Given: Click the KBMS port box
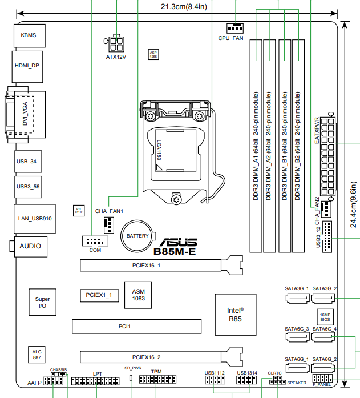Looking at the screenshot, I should click(x=28, y=35).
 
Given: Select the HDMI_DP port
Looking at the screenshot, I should click(x=27, y=66).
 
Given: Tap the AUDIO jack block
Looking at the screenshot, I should click(x=30, y=246).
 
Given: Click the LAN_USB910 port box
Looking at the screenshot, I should click(x=35, y=218).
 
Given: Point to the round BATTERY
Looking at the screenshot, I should click(x=137, y=236).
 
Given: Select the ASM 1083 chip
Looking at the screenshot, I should click(x=138, y=294).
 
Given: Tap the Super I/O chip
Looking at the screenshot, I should click(x=42, y=303).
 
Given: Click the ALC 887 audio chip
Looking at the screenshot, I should click(x=37, y=354).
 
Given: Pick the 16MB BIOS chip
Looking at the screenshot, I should click(x=325, y=317).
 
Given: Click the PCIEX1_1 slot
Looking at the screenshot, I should click(x=99, y=295).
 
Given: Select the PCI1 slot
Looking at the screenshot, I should click(x=136, y=326).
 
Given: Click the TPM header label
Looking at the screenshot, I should click(x=155, y=371).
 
